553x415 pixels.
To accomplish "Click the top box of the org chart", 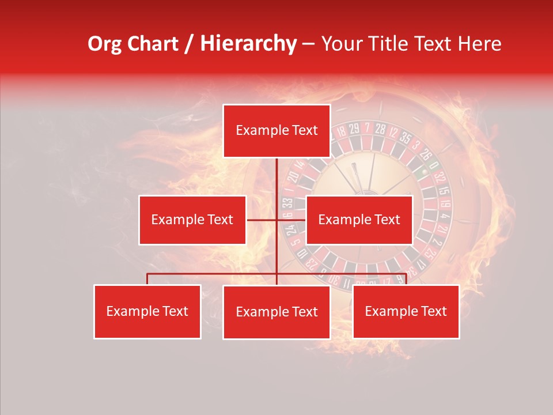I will (x=276, y=131).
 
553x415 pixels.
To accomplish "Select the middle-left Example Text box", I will (x=192, y=220).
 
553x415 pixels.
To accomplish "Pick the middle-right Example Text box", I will (x=359, y=220).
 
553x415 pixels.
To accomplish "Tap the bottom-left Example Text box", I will (x=147, y=312).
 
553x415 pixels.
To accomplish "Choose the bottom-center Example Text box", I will (x=276, y=312).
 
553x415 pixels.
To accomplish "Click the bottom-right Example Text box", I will (x=406, y=312).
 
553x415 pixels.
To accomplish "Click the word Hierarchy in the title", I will (x=248, y=44).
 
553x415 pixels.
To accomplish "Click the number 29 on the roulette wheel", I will (x=354, y=127).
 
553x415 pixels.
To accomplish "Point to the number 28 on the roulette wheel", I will (x=380, y=129).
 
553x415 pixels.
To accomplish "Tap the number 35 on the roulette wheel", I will (x=405, y=138).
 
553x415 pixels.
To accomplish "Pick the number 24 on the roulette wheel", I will (x=291, y=229).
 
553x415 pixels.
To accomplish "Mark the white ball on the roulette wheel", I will (x=426, y=171).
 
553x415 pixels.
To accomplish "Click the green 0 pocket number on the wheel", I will (x=433, y=165).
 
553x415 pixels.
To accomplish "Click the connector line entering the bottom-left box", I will (x=147, y=279).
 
